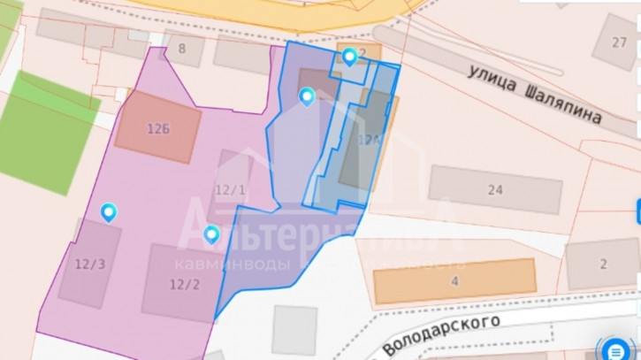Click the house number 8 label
182,49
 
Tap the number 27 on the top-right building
621,42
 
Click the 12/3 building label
88,264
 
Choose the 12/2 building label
184,284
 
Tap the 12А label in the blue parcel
370,140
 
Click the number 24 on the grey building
495,189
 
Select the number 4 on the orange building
454,282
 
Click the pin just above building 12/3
109,212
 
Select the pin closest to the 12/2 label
211,234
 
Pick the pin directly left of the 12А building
307,96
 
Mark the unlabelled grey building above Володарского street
294,327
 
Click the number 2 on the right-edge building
604,264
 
